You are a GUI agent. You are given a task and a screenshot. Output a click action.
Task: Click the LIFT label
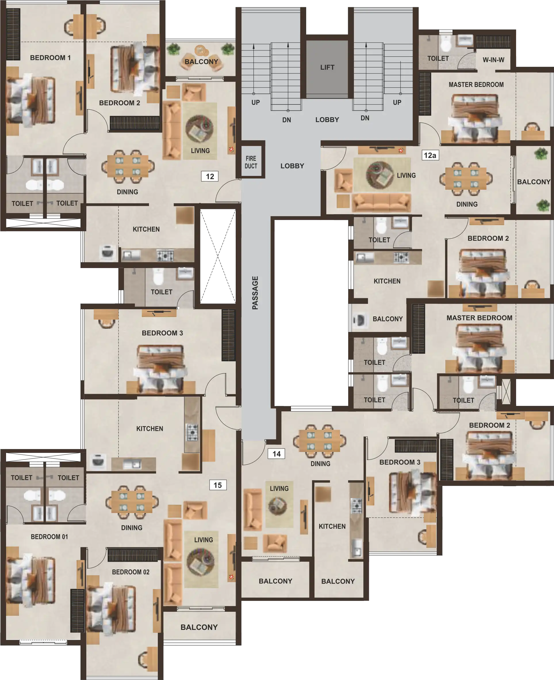(327, 67)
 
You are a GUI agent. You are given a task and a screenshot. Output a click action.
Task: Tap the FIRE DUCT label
(251, 162)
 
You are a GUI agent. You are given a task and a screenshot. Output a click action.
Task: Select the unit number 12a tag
(430, 155)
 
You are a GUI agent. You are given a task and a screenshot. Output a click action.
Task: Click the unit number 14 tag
(276, 454)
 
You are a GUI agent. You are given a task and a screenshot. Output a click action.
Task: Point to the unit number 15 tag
(218, 485)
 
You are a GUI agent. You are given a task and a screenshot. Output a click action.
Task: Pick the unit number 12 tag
(210, 176)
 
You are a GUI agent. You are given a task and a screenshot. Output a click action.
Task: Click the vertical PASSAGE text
(255, 293)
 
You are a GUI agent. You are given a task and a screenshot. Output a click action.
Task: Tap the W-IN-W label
(493, 60)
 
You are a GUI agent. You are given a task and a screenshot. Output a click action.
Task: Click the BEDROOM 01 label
(49, 537)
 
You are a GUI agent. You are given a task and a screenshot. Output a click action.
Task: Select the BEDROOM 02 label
(131, 572)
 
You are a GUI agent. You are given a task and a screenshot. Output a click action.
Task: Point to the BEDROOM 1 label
(50, 58)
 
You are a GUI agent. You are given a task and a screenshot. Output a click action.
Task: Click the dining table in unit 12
(128, 166)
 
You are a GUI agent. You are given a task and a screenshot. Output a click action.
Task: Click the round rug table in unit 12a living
(380, 175)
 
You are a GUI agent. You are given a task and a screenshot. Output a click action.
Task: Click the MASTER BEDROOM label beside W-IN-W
(476, 85)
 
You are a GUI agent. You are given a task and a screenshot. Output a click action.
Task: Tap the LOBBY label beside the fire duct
(292, 166)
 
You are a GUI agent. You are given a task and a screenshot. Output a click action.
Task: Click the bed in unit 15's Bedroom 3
(160, 369)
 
